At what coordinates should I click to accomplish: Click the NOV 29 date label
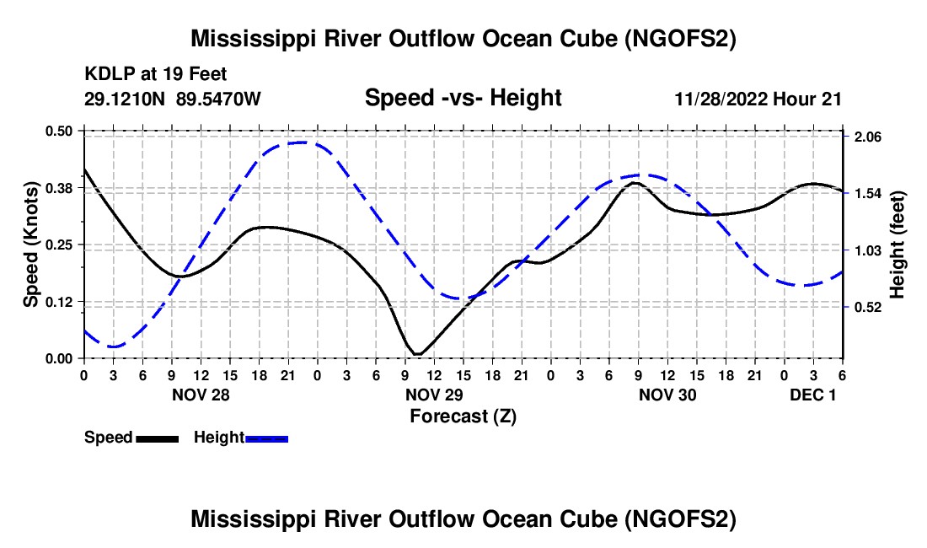435,395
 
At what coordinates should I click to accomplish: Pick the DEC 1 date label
813,395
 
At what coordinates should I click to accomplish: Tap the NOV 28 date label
201,395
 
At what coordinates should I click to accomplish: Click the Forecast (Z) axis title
463,416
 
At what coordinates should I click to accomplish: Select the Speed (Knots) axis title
30,244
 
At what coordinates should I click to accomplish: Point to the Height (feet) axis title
898,244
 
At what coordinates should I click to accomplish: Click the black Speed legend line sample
158,439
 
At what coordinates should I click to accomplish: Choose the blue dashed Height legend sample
266,439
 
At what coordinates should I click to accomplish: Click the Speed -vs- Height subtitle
463,98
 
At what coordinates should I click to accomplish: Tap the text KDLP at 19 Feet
156,74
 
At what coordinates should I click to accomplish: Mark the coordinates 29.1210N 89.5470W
172,99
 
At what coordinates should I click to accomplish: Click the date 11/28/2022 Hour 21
758,99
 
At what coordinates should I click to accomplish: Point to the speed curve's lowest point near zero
417,354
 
